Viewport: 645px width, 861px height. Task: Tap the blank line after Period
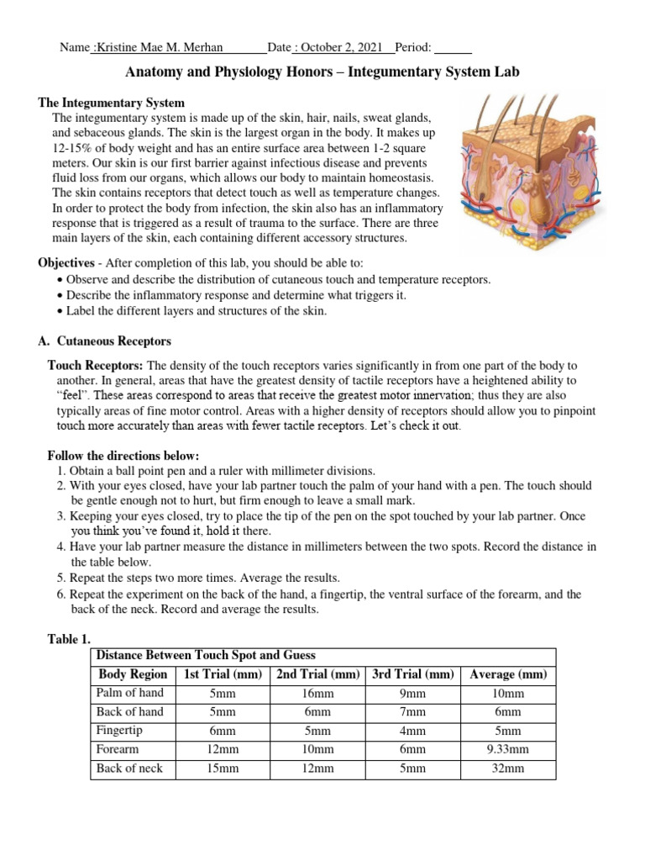(x=454, y=48)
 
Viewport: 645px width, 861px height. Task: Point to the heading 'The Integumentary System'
(x=112, y=103)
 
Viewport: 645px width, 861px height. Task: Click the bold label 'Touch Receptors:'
(x=96, y=366)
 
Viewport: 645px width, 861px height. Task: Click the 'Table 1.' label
(x=68, y=640)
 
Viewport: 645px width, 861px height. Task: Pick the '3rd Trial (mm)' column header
(x=412, y=674)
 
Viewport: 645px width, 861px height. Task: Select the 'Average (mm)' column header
(x=508, y=674)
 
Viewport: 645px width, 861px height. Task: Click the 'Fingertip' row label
(x=119, y=731)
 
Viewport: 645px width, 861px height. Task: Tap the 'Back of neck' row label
(x=130, y=768)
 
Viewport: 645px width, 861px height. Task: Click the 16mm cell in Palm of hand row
(x=318, y=694)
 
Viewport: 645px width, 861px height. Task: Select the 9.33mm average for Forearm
(x=508, y=749)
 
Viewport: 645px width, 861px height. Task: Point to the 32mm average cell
(x=508, y=769)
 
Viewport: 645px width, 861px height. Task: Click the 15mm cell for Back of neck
(x=223, y=769)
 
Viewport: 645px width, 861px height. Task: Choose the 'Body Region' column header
(x=133, y=674)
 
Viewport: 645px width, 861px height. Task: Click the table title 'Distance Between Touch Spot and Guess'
(x=206, y=655)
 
